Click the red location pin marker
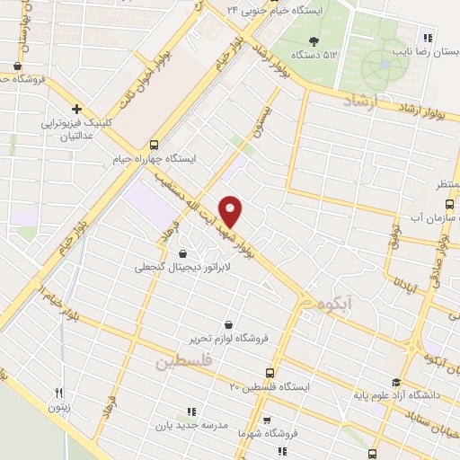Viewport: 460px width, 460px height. click(x=231, y=210)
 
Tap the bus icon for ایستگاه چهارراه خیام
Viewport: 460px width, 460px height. click(x=155, y=144)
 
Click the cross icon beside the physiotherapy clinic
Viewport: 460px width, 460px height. click(x=77, y=109)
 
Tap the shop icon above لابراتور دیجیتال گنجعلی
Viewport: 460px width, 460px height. click(x=183, y=253)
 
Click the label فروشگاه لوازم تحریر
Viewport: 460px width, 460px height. click(x=229, y=338)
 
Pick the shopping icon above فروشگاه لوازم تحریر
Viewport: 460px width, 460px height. click(x=229, y=323)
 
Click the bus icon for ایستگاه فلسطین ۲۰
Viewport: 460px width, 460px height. click(x=270, y=372)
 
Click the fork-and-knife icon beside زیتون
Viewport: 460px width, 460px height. click(x=59, y=392)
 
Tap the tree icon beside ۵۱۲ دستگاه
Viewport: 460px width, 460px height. click(x=313, y=40)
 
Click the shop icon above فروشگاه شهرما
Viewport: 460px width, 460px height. click(x=266, y=420)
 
